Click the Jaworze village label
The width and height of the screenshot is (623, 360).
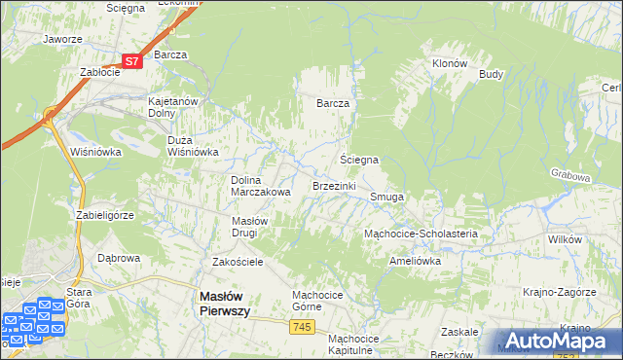pyautogui.click(x=61, y=40)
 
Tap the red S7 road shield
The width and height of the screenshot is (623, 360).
pyautogui.click(x=132, y=60)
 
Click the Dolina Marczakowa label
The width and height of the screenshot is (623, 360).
pyautogui.click(x=260, y=185)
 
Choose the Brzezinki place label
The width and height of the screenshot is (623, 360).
pyautogui.click(x=334, y=185)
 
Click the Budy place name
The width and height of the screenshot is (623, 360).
pyautogui.click(x=491, y=73)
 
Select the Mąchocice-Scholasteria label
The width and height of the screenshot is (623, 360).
pyautogui.click(x=420, y=234)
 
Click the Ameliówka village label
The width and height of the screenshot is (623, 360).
pyautogui.click(x=415, y=261)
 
